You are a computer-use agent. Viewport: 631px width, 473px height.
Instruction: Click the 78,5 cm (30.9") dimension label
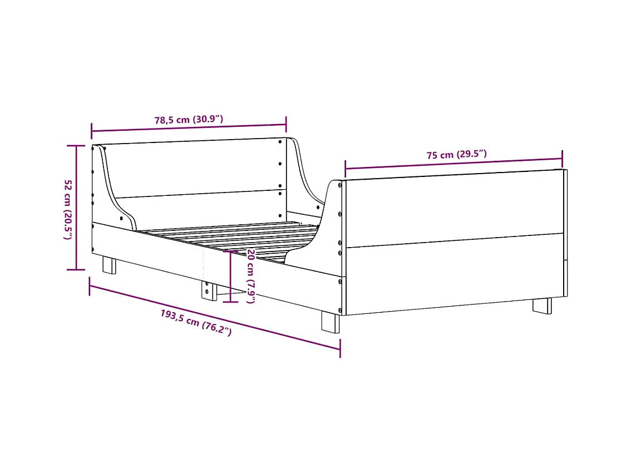pyautogui.click(x=189, y=120)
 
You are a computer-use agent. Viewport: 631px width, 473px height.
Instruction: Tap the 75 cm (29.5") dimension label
pyautogui.click(x=457, y=155)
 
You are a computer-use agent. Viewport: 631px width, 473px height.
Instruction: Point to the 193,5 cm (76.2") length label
pyautogui.click(x=196, y=322)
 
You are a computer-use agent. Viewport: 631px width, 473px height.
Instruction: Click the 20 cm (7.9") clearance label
pyautogui.click(x=250, y=276)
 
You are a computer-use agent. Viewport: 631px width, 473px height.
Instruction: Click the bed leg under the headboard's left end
pyautogui.click(x=109, y=265)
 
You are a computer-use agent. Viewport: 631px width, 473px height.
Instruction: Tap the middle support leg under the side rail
pyautogui.click(x=209, y=290)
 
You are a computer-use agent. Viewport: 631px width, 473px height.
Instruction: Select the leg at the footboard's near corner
pyautogui.click(x=331, y=322)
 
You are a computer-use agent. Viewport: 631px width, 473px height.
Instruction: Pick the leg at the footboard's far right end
pyautogui.click(x=543, y=306)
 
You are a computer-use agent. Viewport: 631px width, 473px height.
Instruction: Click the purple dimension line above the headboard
pyautogui.click(x=189, y=128)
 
